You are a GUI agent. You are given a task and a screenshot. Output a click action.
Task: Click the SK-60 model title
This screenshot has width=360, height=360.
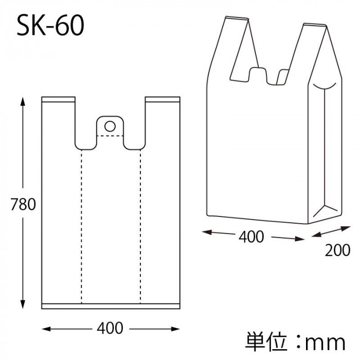[50, 25]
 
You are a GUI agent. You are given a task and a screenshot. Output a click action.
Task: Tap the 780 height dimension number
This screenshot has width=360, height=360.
[23, 204]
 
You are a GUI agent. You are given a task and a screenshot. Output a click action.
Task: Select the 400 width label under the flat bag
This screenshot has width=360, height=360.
[110, 328]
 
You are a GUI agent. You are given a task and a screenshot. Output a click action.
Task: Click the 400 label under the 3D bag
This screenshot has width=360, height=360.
[251, 237]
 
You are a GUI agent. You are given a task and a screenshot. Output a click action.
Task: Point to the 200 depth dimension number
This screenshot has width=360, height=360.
[337, 250]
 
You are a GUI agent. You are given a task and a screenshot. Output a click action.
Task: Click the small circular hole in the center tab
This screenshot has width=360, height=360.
[110, 126]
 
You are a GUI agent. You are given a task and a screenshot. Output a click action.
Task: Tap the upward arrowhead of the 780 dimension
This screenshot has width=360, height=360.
[23, 101]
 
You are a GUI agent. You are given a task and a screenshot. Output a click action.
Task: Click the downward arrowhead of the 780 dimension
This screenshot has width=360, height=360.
[23, 304]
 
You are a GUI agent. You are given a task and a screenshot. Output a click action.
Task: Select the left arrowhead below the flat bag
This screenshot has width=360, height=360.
[46, 329]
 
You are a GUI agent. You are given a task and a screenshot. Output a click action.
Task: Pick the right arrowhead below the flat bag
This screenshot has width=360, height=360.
[175, 329]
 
